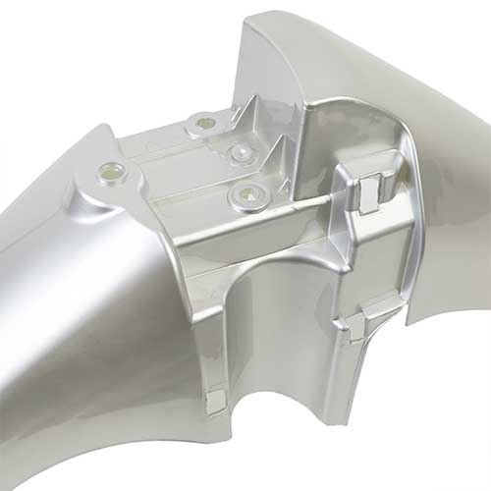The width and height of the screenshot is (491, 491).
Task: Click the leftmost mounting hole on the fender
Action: [x=111, y=173]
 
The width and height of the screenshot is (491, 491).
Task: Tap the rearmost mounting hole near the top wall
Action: [x=205, y=123]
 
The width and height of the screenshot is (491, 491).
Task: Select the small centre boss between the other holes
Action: [x=240, y=151]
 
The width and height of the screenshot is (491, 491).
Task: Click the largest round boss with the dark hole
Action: [x=246, y=195]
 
